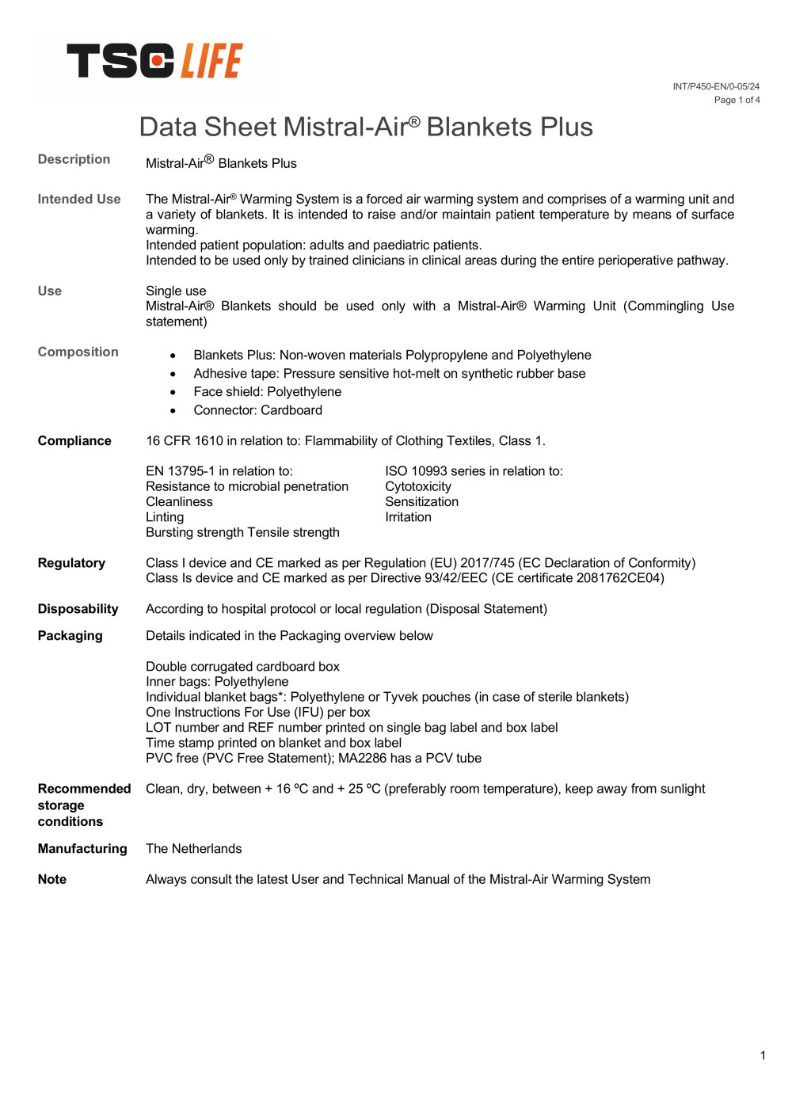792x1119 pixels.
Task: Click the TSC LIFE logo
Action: tap(155, 62)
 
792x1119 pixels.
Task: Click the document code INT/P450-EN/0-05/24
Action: tap(716, 86)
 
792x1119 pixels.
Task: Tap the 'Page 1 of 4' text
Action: tap(737, 100)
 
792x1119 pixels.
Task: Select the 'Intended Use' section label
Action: tap(79, 200)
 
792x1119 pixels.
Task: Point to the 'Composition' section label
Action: tap(78, 352)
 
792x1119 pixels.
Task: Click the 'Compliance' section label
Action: tap(74, 441)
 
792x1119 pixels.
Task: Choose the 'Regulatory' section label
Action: tap(71, 563)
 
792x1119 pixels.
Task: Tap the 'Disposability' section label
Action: tap(78, 609)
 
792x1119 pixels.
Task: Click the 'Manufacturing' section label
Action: tap(82, 849)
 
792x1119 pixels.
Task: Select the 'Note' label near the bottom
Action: tap(52, 880)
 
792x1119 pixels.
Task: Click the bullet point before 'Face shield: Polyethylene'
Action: tap(173, 393)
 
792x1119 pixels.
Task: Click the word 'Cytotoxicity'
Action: tap(418, 487)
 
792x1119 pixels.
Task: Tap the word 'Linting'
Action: tap(165, 517)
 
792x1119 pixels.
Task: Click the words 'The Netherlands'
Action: tap(194, 849)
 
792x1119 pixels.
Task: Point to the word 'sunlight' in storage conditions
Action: tap(680, 790)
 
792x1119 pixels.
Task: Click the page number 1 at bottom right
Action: tap(763, 1055)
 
